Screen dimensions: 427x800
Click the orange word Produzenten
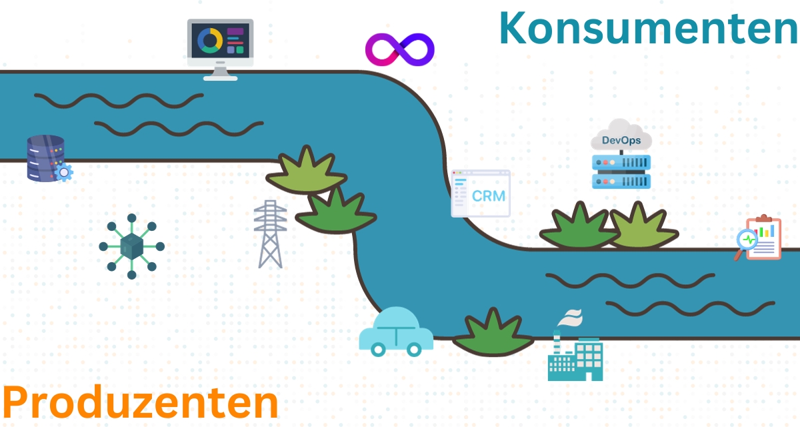(x=141, y=402)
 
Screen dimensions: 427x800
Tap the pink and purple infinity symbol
(x=399, y=50)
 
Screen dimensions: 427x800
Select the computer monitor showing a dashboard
(x=221, y=47)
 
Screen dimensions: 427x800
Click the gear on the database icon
(x=63, y=172)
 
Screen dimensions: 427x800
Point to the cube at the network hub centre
(x=131, y=246)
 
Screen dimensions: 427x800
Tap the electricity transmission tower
(x=270, y=234)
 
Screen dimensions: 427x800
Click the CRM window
(x=481, y=193)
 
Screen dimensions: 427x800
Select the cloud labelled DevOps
(x=621, y=137)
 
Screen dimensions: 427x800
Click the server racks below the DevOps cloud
(x=621, y=171)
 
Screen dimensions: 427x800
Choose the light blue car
(x=396, y=331)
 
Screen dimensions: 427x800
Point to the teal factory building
(x=575, y=357)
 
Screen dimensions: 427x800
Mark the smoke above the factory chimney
(x=571, y=318)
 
